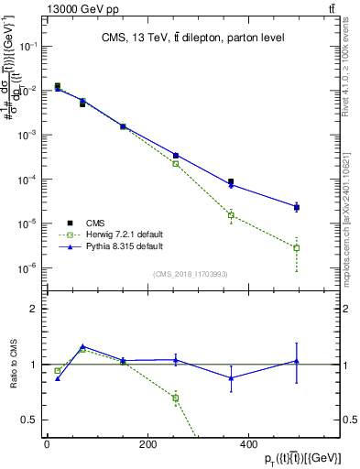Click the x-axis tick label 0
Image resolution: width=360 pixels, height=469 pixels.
tap(47, 444)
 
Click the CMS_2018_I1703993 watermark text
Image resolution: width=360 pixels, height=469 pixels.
tap(191, 273)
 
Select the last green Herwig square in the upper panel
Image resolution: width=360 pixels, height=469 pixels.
tap(297, 248)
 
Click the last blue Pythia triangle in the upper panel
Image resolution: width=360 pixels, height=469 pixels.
tap(297, 207)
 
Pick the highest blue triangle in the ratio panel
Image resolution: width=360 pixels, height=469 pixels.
tap(82, 346)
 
